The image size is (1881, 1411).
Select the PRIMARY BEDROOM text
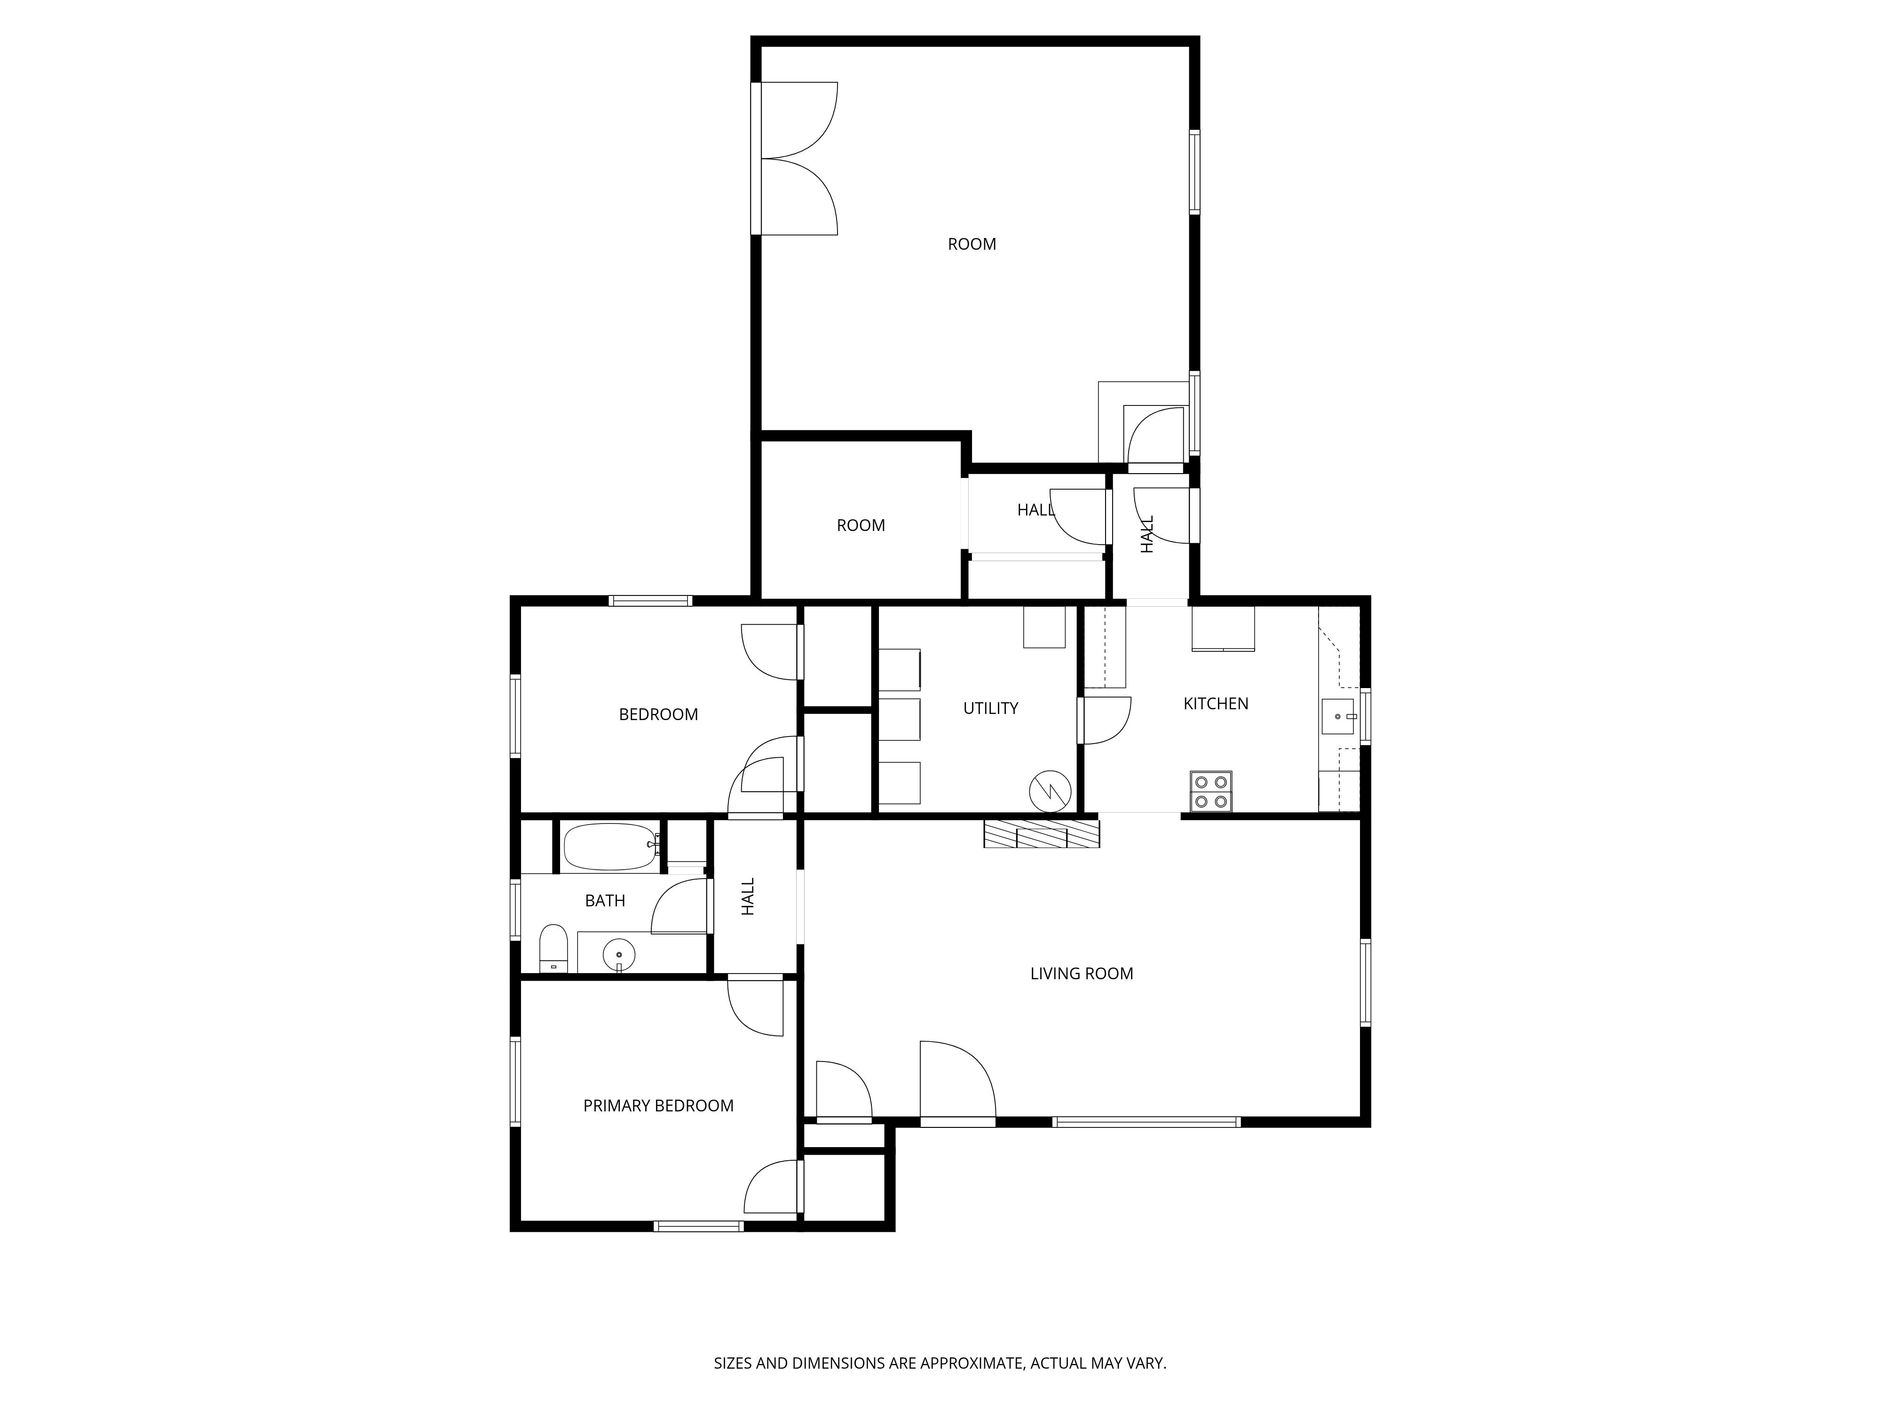[658, 1106]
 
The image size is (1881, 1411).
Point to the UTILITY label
[991, 708]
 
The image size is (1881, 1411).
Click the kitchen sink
[1337, 716]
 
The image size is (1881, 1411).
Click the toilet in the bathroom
[553, 947]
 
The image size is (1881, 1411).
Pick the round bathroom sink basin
[619, 954]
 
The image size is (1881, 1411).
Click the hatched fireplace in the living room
[1042, 833]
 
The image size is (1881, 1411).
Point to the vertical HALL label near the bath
[748, 896]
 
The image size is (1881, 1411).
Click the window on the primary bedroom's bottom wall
[699, 1226]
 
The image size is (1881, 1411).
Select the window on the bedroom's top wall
[650, 601]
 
